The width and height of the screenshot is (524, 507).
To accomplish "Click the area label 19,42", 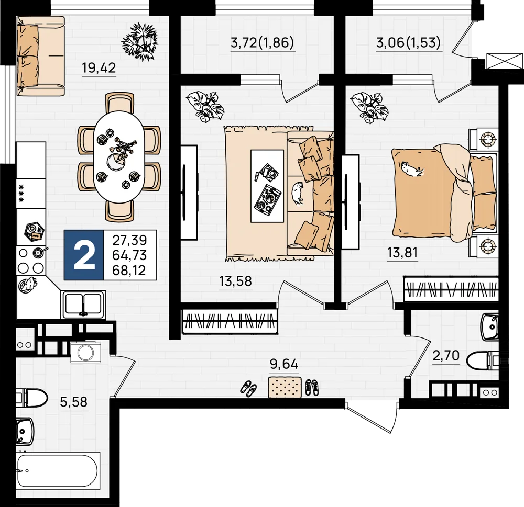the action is click(x=99, y=68).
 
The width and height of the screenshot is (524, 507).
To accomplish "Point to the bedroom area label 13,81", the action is click(x=402, y=253).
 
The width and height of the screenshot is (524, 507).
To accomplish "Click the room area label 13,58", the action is click(x=236, y=281).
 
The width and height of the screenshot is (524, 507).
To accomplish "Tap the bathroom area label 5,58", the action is click(x=74, y=402).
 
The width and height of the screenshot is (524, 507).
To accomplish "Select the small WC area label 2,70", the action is click(x=446, y=356).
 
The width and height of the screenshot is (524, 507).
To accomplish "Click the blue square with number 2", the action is click(x=84, y=255).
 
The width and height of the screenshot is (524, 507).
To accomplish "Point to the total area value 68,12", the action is click(x=129, y=271).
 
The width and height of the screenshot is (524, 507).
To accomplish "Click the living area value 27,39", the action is click(x=129, y=240).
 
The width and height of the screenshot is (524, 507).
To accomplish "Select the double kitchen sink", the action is click(x=83, y=304).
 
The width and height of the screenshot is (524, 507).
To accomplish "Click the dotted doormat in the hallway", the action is click(x=285, y=387).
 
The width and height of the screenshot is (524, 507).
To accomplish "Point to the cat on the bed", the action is click(x=412, y=170).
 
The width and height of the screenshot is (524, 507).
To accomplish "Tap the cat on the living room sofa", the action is click(x=297, y=193).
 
